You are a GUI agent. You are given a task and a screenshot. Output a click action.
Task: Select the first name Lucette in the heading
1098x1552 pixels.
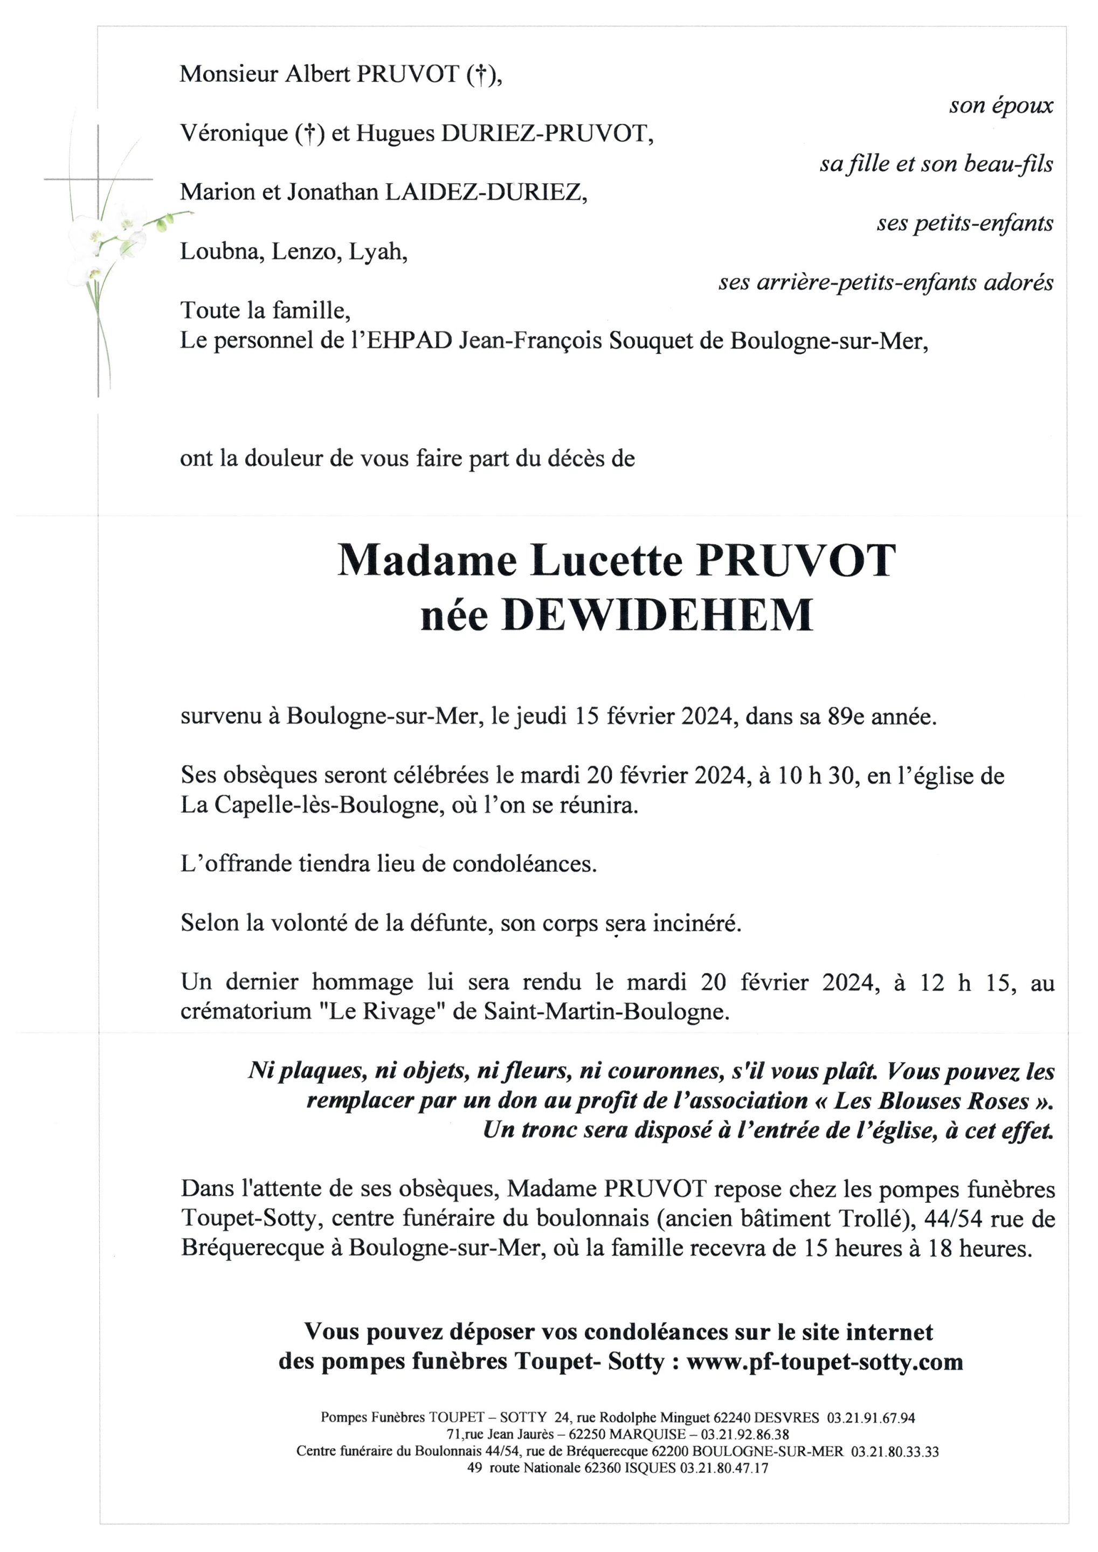pyautogui.click(x=605, y=561)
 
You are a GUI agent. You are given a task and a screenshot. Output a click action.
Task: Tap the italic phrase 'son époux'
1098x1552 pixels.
pyautogui.click(x=1000, y=106)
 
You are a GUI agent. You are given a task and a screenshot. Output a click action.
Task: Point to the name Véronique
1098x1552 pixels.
pyautogui.click(x=233, y=133)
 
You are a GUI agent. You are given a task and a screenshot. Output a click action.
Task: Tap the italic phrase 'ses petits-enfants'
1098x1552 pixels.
pyautogui.click(x=964, y=224)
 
